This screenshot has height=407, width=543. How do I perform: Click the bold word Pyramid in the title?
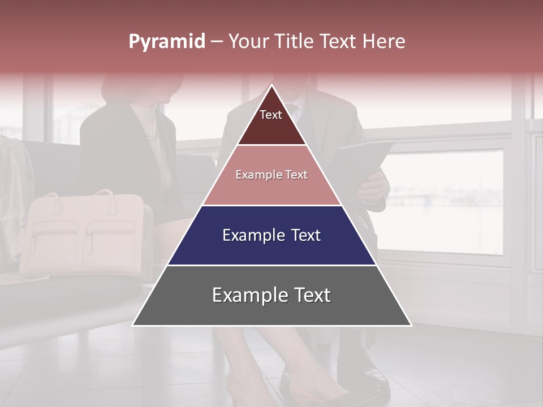tap(166, 41)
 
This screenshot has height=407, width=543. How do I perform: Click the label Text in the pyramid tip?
tap(270, 115)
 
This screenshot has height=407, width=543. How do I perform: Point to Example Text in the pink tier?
tap(271, 175)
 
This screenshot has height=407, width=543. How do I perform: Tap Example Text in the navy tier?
tap(271, 235)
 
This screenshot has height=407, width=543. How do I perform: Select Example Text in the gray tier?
tap(271, 295)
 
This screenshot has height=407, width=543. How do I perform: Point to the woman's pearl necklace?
tap(152, 127)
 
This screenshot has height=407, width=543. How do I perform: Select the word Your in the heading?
tap(251, 41)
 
